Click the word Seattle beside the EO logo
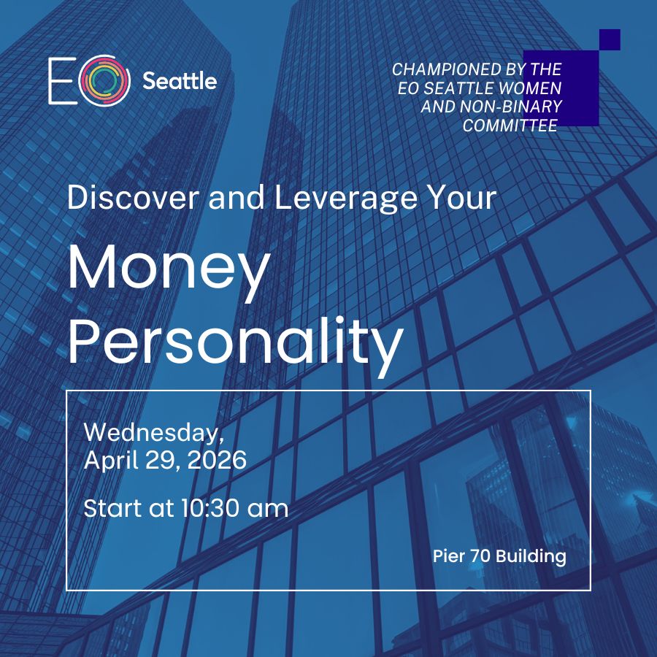180,80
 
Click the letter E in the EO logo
62,80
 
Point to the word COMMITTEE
510,126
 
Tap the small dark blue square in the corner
610,40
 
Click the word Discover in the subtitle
134,197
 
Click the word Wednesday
154,432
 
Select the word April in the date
111,461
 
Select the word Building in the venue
531,557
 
